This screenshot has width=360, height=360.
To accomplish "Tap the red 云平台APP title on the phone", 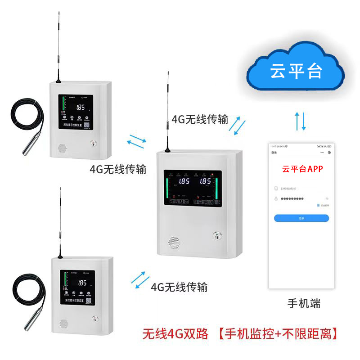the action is (301, 170).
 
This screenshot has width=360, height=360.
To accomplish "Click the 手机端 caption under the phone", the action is (304, 304).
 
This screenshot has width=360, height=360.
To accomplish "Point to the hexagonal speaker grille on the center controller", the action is (175, 242).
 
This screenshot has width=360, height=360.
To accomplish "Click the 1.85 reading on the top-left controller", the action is (81, 108).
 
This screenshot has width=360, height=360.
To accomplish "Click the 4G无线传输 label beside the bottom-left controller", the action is (179, 287).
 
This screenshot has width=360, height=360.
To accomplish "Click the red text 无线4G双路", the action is (175, 334).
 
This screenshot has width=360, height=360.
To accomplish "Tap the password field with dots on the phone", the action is (299, 198).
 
